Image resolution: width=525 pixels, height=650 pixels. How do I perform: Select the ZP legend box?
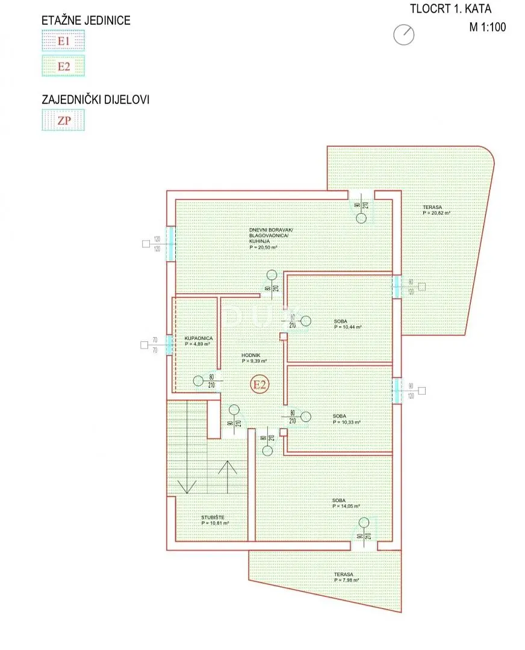(63, 120)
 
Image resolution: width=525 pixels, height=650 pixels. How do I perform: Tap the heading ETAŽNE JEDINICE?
(86, 20)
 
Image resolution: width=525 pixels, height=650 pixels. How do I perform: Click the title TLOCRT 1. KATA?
(450, 8)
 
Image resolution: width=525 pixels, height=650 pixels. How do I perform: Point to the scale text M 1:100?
(488, 26)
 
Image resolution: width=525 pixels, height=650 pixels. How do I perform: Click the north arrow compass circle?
(403, 34)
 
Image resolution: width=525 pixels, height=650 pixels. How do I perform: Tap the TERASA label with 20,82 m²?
(436, 210)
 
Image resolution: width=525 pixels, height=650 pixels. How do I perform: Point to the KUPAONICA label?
(199, 342)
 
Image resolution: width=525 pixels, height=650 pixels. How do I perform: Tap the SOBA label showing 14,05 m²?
(345, 503)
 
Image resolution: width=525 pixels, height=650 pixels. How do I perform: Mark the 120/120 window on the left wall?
(170, 244)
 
